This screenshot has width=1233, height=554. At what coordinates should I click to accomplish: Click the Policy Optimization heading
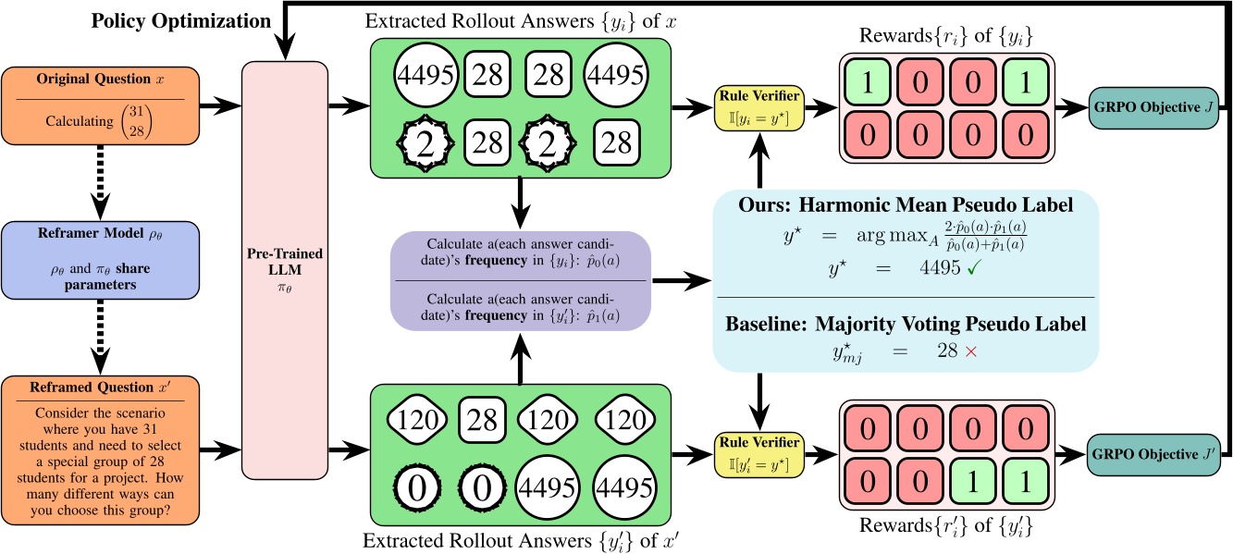tap(180, 19)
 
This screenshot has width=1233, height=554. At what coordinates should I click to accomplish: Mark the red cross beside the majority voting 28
tap(943, 353)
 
